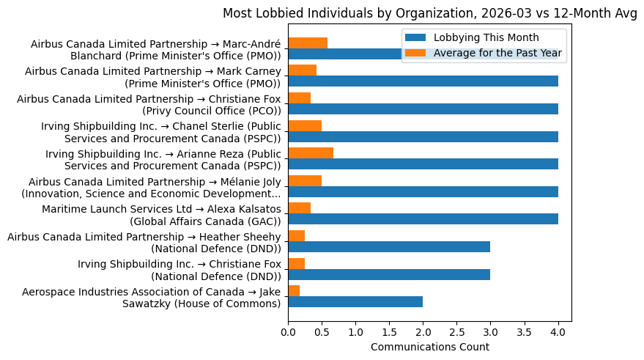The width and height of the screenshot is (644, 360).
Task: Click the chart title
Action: tap(429, 13)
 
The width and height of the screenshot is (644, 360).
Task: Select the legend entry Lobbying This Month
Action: tap(486, 38)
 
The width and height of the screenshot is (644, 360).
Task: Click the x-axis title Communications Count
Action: tap(429, 347)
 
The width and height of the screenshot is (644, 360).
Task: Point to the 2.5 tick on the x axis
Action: tap(457, 331)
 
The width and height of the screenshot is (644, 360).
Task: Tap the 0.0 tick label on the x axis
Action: tap(288, 331)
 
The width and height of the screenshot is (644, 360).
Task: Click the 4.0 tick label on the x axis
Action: tap(558, 331)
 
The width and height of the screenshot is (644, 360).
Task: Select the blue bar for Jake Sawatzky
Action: tap(355, 302)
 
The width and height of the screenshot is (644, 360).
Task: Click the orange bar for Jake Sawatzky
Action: tap(294, 291)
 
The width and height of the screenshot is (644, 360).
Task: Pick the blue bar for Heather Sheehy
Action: tap(389, 247)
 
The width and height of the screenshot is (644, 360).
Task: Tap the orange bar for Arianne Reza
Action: tap(311, 153)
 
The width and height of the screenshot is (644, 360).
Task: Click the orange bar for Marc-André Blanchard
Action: tap(308, 43)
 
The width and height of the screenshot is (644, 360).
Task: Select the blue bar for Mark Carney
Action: tap(423, 81)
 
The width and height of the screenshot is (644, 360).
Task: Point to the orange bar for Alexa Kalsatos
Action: tap(299, 208)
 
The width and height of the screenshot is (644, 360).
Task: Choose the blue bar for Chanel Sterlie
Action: tap(423, 136)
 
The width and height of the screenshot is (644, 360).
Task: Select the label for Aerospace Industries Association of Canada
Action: tap(152, 298)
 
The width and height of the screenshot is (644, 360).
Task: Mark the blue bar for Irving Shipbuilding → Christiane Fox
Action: tap(389, 274)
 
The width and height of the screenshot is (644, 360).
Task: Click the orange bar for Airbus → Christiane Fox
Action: tap(299, 98)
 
